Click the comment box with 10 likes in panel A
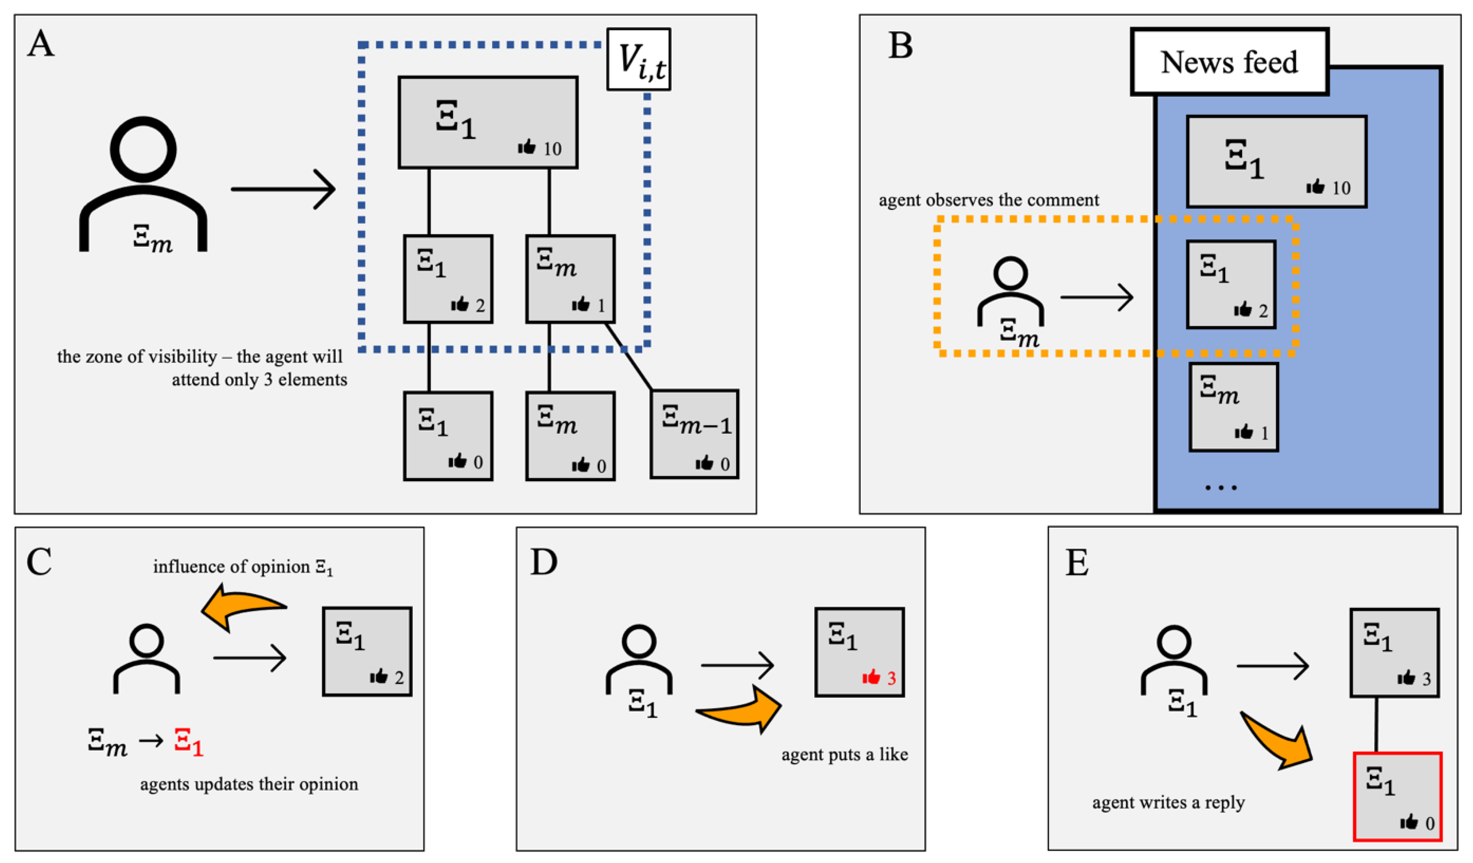pyautogui.click(x=488, y=123)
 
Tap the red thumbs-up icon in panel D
pyautogui.click(x=871, y=678)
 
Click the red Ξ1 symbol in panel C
pyautogui.click(x=188, y=742)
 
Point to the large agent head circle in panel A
pyautogui.click(x=143, y=149)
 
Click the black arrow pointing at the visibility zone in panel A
pyautogui.click(x=283, y=189)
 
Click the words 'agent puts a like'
pyautogui.click(x=845, y=755)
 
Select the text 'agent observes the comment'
pyautogui.click(x=989, y=201)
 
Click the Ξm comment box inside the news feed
pyautogui.click(x=1233, y=407)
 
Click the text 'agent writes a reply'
pyautogui.click(x=1168, y=803)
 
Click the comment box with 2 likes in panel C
pyautogui.click(x=367, y=652)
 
